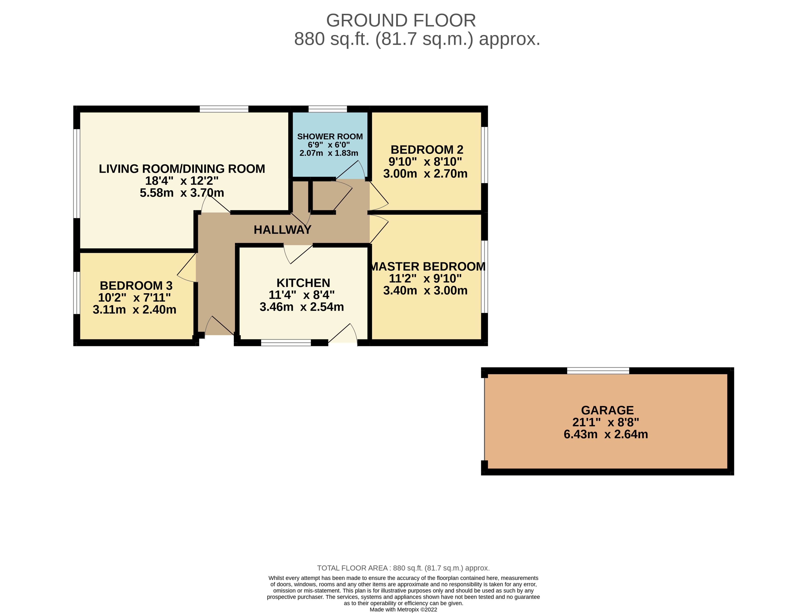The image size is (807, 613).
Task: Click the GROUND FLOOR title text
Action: point(401,20)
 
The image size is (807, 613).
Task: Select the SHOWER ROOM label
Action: point(330,137)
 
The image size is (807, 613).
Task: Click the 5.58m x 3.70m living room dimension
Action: point(182,193)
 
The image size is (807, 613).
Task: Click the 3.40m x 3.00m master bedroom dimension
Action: point(425,291)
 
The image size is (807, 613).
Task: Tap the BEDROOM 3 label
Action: point(136,285)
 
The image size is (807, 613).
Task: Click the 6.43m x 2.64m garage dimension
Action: point(606,434)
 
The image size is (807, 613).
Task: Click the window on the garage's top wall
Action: point(598,371)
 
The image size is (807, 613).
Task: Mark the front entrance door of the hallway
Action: point(219,328)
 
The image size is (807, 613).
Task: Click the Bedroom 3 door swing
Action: point(187,268)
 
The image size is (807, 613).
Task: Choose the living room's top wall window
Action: point(224,109)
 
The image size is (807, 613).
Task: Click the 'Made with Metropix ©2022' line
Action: point(403,609)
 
